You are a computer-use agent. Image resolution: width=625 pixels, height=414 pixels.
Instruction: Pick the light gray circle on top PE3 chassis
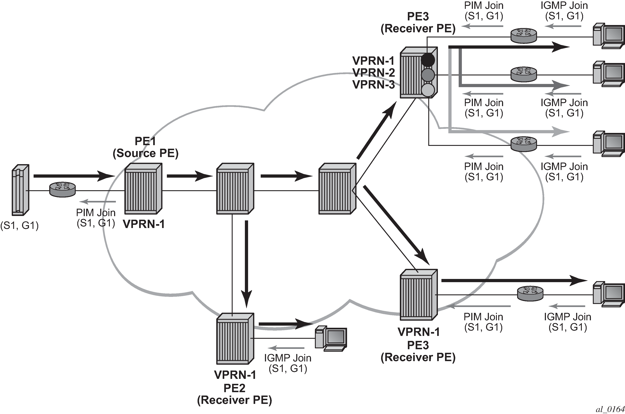coord(428,90)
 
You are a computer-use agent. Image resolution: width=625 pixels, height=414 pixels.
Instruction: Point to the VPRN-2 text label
coord(373,73)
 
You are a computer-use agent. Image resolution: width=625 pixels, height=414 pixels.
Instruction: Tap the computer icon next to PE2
coord(331,339)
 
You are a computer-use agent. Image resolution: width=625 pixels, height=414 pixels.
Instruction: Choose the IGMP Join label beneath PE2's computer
coord(288,363)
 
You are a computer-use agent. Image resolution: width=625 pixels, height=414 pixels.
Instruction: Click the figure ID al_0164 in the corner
coord(610,409)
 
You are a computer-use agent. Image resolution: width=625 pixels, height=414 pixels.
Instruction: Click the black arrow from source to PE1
coord(74,176)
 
